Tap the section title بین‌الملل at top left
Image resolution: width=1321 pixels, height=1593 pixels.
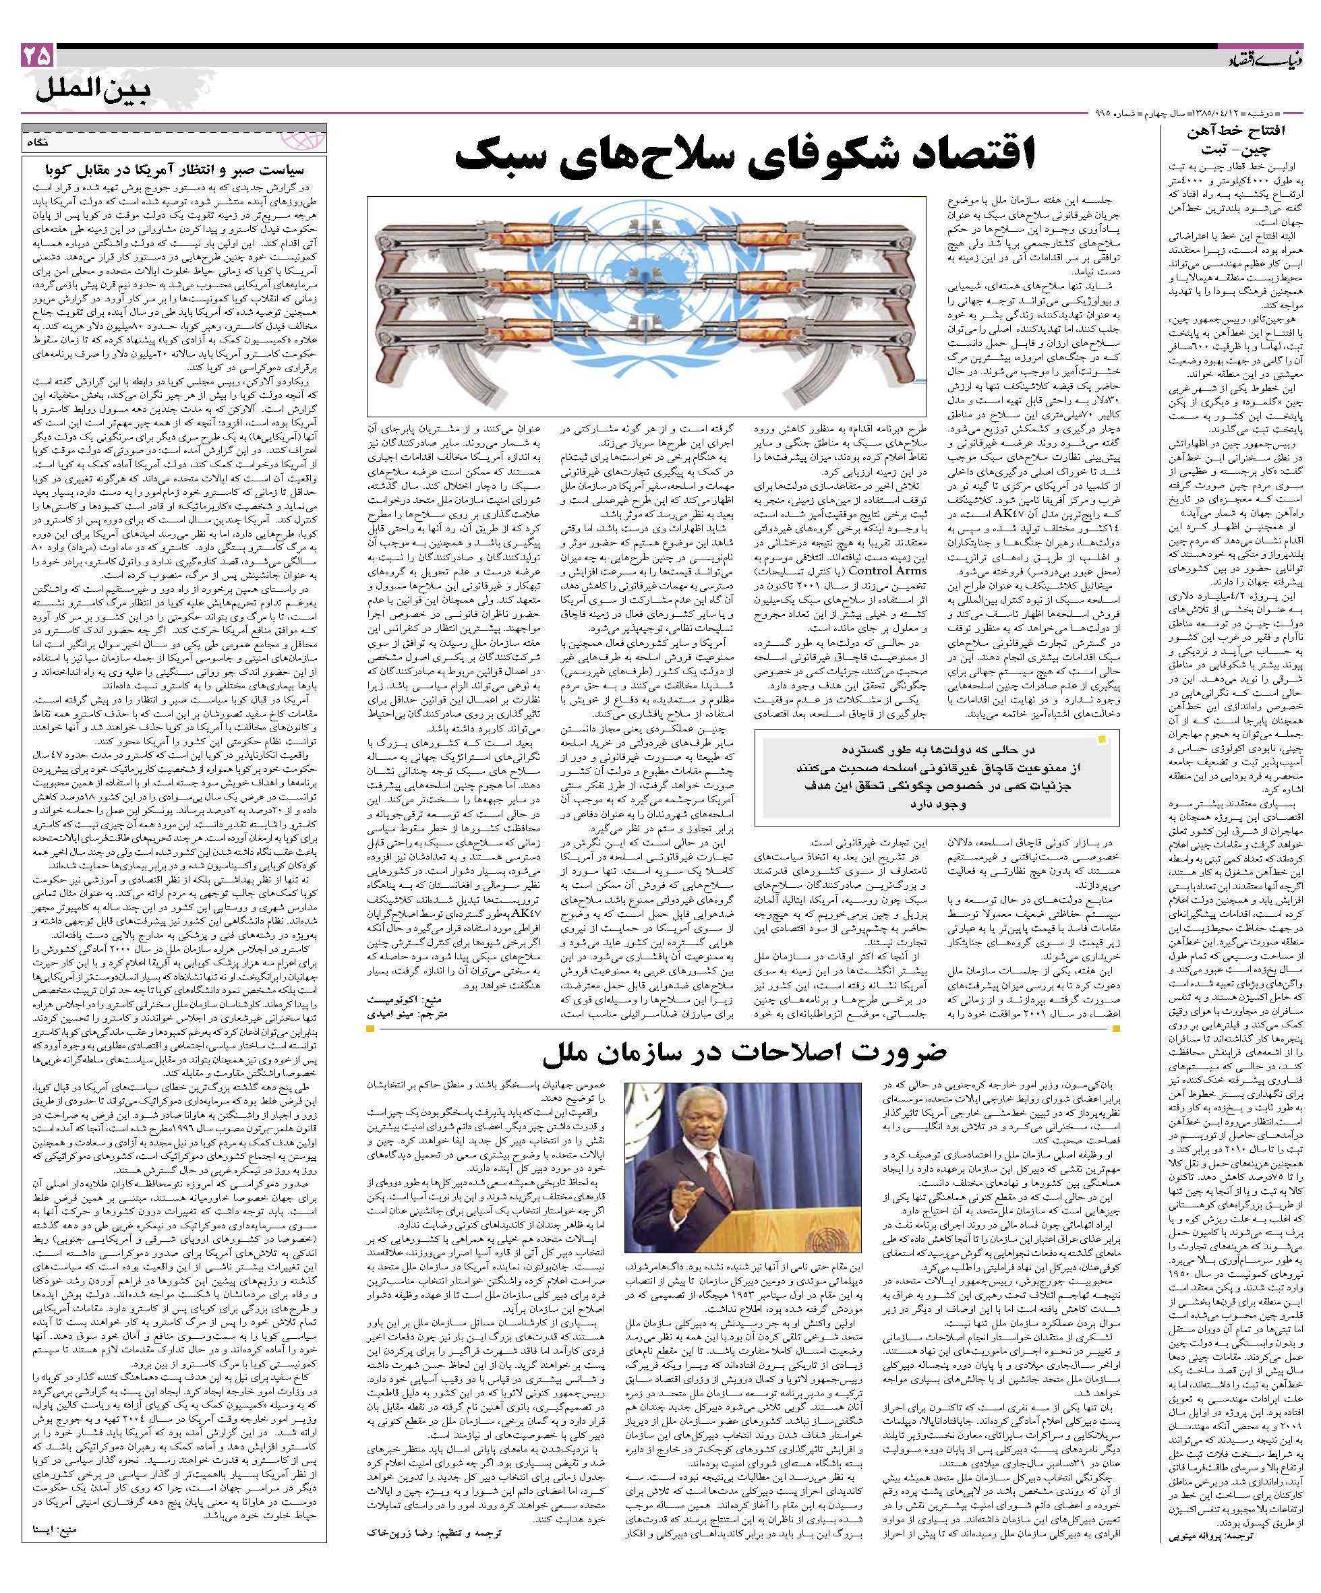pyautogui.click(x=93, y=92)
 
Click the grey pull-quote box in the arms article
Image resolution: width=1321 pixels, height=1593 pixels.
pyautogui.click(x=941, y=777)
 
